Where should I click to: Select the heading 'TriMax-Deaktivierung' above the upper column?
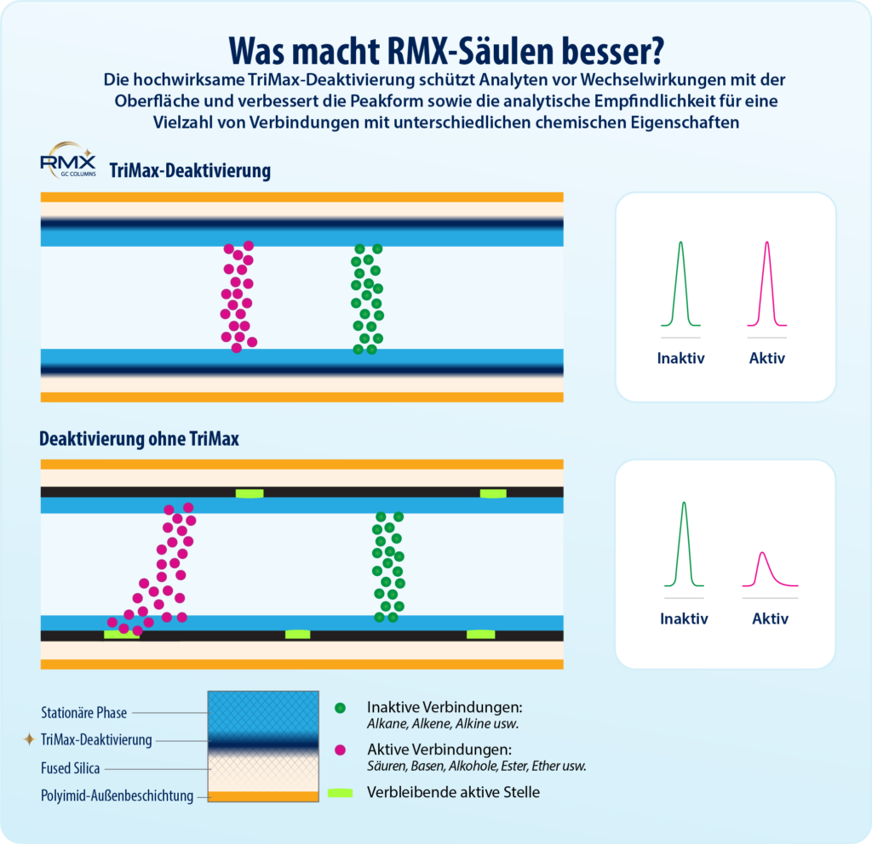189,171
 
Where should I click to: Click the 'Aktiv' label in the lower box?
770,619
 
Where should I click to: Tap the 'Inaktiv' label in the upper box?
680,358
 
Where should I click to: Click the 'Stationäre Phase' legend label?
83,713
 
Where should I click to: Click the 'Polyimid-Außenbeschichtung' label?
117,796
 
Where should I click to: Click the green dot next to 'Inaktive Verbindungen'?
341,708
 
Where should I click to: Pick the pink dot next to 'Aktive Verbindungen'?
341,750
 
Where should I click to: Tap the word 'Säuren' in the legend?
386,766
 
